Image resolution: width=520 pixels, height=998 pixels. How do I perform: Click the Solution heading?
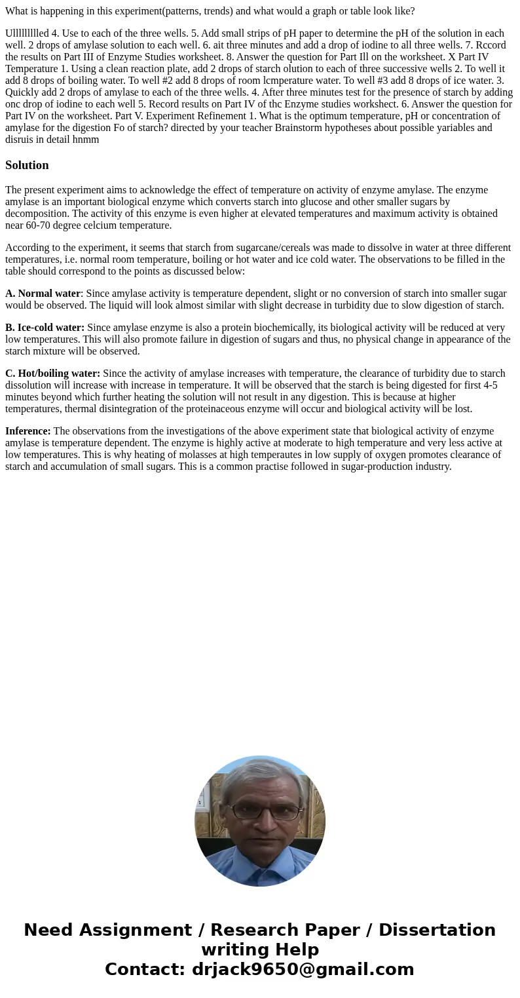(x=27, y=165)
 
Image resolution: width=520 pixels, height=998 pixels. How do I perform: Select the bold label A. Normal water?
(x=43, y=294)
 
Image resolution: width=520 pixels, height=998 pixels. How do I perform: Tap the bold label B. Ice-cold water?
(x=45, y=328)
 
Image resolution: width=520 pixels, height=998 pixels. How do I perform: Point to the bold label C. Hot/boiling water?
(x=52, y=374)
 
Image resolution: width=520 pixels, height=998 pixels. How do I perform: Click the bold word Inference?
(x=28, y=431)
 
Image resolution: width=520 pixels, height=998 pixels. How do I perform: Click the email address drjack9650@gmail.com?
(x=303, y=969)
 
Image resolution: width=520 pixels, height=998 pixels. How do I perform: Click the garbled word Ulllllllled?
(x=27, y=33)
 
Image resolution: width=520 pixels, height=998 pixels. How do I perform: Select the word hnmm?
(x=86, y=140)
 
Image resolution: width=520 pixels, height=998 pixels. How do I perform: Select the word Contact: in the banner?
(x=145, y=969)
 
